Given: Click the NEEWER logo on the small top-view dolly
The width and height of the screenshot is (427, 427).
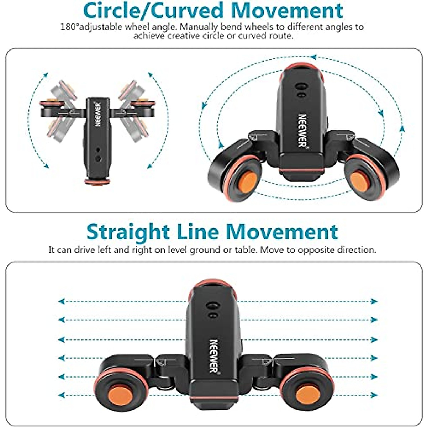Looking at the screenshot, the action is pyautogui.click(x=98, y=115).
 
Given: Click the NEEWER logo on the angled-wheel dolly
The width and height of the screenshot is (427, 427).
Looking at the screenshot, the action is pyautogui.click(x=302, y=130).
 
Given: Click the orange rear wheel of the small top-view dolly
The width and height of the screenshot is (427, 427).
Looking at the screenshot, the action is pyautogui.click(x=94, y=182).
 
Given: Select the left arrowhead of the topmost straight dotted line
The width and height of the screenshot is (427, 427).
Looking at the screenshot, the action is pyautogui.click(x=61, y=301).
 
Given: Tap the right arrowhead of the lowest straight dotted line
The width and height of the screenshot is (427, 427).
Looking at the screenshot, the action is pyautogui.click(x=374, y=395).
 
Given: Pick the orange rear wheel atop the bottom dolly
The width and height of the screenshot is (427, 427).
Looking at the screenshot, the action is pyautogui.click(x=213, y=284).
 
